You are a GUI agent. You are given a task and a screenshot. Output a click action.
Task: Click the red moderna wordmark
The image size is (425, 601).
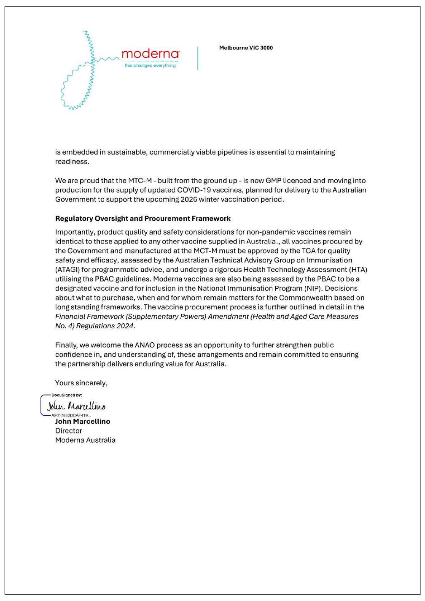150,54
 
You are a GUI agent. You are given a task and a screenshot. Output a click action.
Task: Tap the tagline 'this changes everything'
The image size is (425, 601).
150,65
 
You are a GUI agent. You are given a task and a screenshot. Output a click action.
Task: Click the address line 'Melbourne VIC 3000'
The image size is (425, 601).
246,48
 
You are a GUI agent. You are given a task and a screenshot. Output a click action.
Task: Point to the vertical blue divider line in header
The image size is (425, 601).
198,58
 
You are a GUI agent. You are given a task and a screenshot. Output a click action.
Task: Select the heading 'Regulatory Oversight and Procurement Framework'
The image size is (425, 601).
143,218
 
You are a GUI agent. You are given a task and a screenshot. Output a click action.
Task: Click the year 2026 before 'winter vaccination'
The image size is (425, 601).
188,199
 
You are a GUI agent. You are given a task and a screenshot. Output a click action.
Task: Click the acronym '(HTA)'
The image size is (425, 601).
358,270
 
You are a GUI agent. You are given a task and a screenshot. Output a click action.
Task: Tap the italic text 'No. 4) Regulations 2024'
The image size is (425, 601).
94,326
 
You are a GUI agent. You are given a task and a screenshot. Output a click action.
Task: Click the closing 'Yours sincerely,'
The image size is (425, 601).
81,383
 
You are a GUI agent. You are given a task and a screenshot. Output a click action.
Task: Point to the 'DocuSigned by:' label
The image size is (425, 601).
67,395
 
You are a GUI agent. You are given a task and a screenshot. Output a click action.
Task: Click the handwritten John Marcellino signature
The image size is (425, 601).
76,406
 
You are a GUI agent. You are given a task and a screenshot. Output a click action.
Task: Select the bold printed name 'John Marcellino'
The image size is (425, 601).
83,421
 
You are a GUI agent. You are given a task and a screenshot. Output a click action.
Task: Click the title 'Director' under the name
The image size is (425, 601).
68,431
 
